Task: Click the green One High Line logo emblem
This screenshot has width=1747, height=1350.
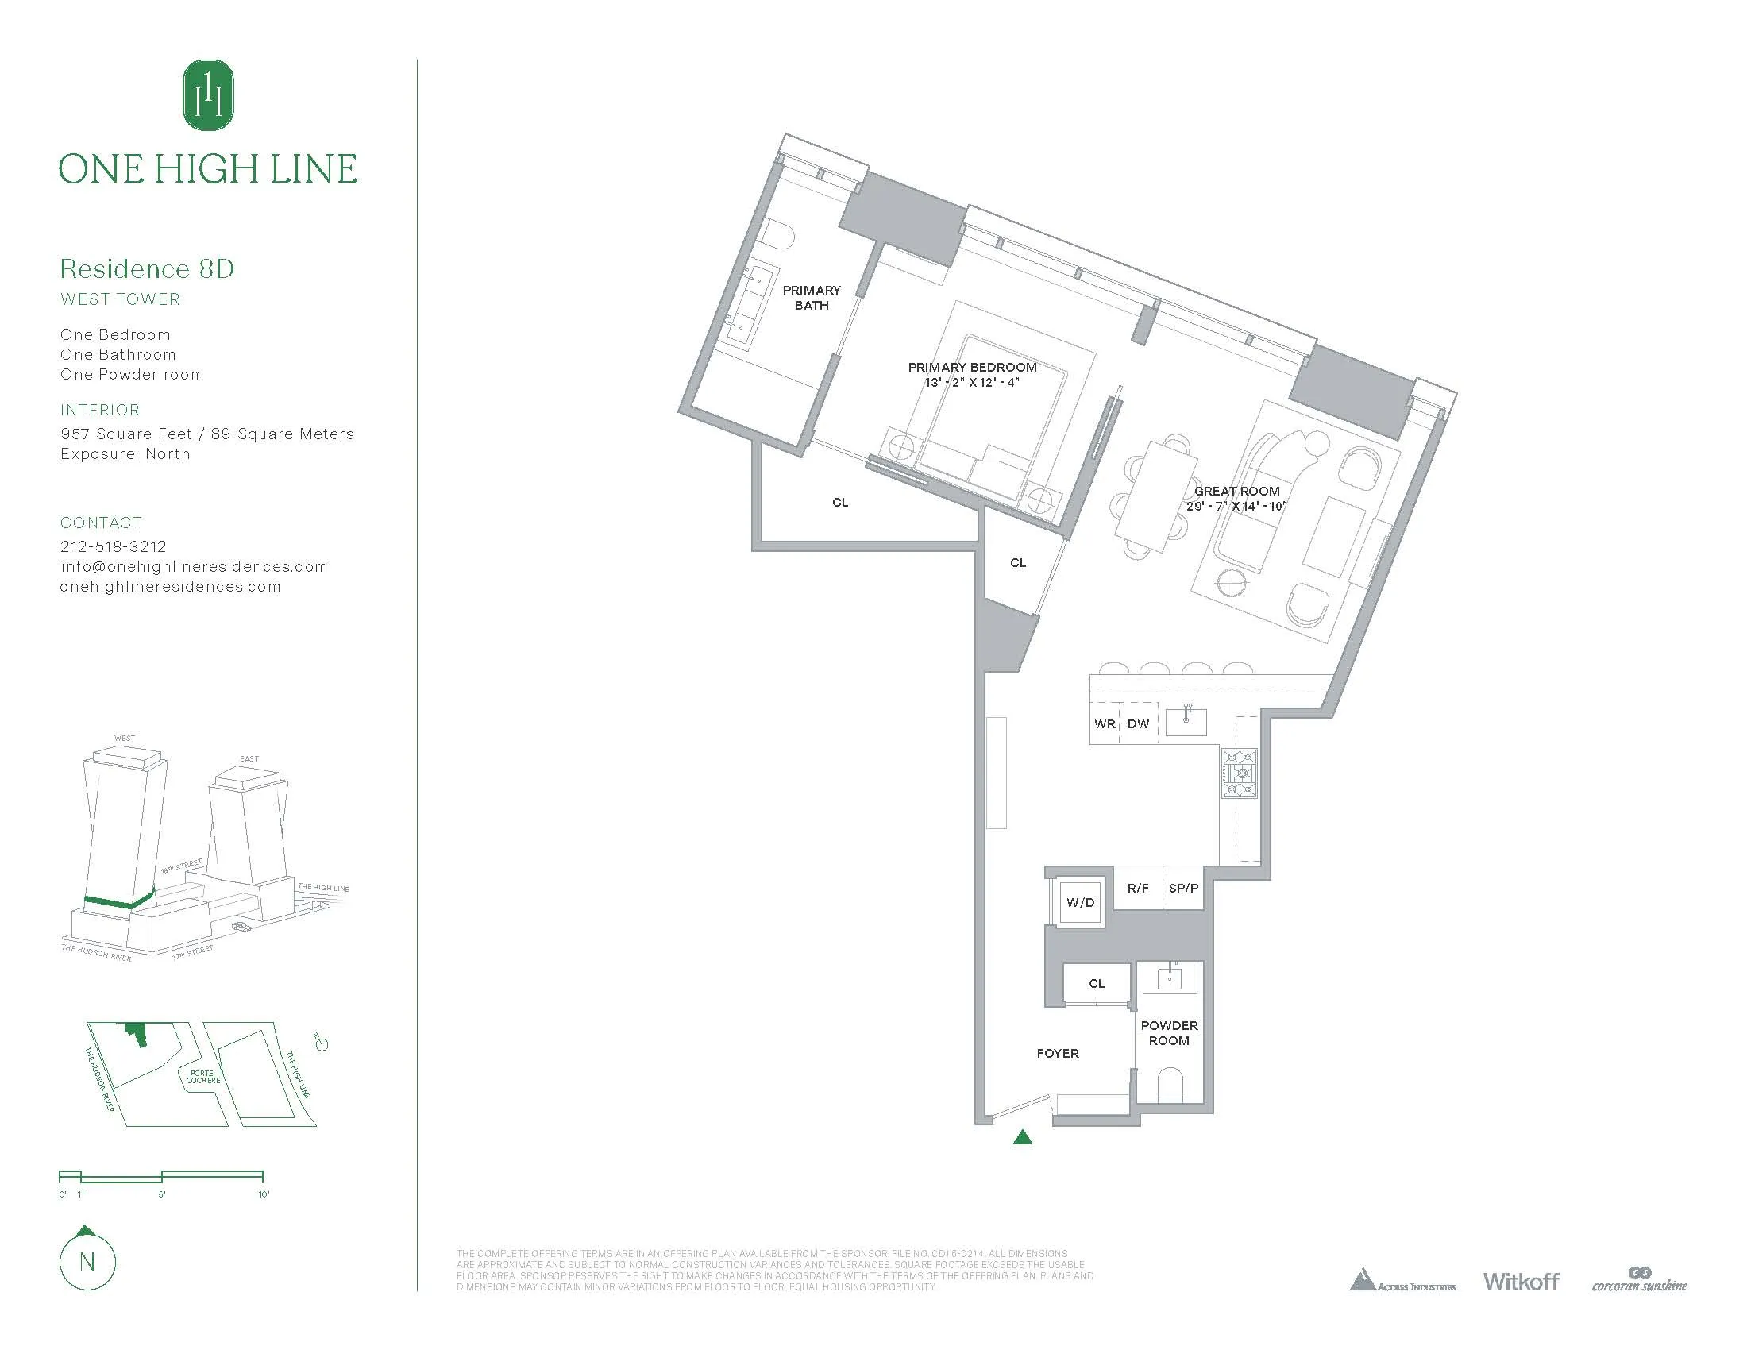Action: (208, 94)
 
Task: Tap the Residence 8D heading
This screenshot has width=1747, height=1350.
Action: (147, 268)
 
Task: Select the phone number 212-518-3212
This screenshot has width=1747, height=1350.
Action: (114, 546)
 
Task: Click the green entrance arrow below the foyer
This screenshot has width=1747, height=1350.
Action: (1022, 1137)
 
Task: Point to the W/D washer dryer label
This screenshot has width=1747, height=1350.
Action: (1080, 902)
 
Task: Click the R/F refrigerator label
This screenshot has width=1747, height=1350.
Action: (1137, 888)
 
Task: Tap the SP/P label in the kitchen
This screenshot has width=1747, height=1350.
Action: (1183, 888)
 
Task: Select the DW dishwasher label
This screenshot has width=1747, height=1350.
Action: (1137, 723)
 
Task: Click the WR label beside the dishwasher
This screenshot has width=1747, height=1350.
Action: (1105, 723)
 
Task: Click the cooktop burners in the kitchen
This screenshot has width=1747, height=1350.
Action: (1239, 773)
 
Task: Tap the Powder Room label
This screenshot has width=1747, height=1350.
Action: (1169, 1032)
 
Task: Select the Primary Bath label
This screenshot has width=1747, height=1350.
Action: (811, 298)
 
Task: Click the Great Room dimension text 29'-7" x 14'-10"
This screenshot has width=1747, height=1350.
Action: (1236, 507)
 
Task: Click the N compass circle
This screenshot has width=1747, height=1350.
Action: (87, 1262)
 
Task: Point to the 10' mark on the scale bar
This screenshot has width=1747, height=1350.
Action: (263, 1194)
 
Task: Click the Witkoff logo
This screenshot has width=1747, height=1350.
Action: (1521, 1281)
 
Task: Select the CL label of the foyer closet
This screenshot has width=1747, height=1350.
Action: (1096, 984)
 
